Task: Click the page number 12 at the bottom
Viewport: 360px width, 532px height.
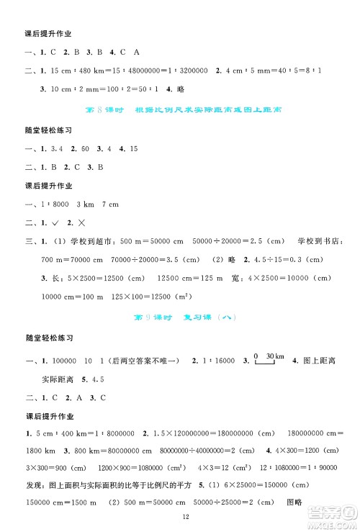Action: pos(185,516)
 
